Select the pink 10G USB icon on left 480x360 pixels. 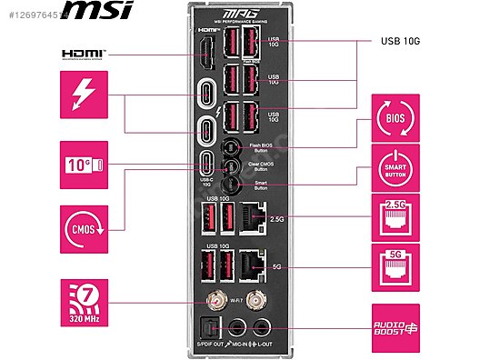point(84,165)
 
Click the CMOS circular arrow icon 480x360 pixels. point(84,223)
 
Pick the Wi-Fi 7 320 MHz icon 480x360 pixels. point(84,302)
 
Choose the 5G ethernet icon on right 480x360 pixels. point(395,265)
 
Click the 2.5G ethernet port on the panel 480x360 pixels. point(256,218)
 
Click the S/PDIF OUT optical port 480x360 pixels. point(209,328)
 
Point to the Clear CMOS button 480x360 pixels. point(232,166)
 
